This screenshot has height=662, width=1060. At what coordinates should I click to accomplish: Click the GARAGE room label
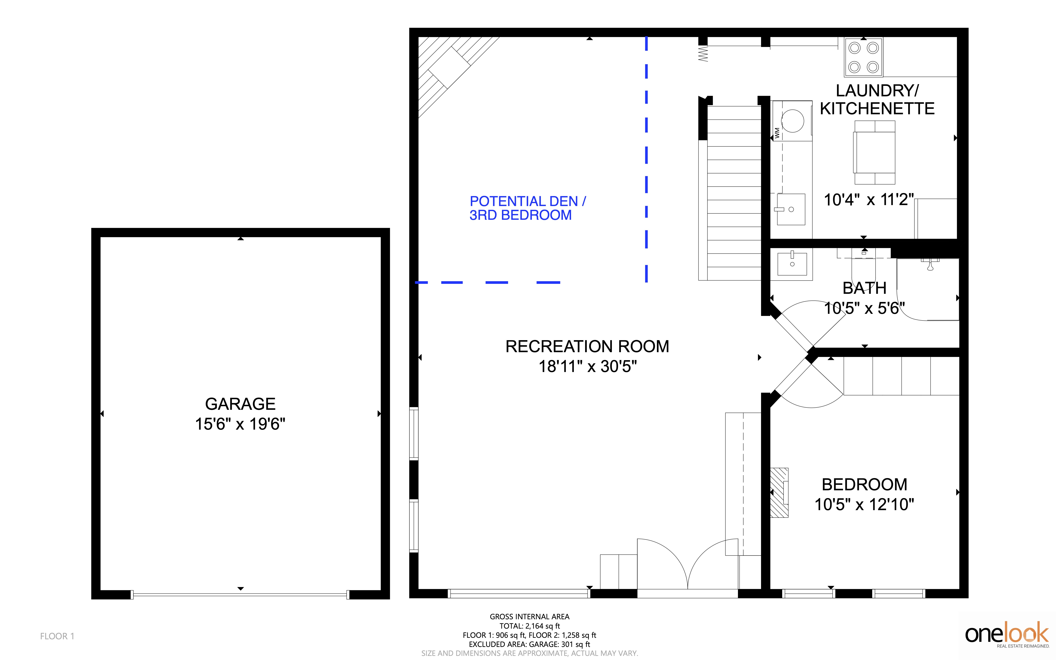click(x=240, y=404)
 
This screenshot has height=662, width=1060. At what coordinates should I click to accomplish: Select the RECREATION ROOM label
click(x=587, y=346)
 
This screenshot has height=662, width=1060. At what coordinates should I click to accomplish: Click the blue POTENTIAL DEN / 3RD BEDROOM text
click(x=528, y=208)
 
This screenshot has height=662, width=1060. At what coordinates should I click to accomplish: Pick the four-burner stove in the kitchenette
click(x=863, y=57)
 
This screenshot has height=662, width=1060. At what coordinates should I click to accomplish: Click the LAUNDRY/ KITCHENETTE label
click(x=877, y=99)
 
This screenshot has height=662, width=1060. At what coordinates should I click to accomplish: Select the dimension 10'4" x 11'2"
click(x=869, y=200)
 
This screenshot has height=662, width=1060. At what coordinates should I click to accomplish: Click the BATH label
click(x=864, y=288)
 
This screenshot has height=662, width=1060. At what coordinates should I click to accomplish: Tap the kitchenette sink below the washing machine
click(x=791, y=209)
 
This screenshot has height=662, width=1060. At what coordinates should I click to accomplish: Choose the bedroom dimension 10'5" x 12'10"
click(x=864, y=504)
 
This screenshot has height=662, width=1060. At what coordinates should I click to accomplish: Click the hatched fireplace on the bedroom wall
click(x=779, y=493)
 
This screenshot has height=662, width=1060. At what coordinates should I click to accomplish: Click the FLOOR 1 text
click(x=57, y=636)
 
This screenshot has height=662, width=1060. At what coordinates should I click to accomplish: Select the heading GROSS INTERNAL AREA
click(x=529, y=616)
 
